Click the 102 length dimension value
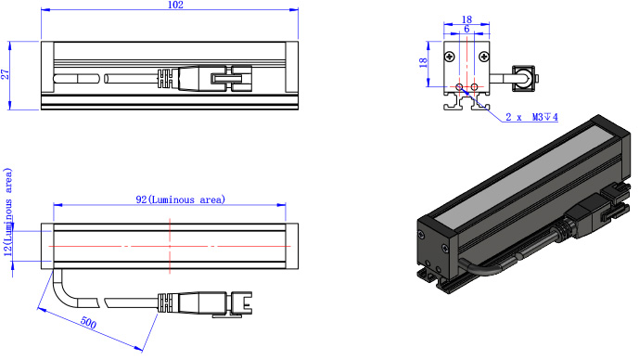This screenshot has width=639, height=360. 175,5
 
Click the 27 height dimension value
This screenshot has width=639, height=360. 5,74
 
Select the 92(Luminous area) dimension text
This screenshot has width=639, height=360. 180,199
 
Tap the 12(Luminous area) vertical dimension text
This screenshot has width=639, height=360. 8,212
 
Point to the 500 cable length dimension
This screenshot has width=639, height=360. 88,323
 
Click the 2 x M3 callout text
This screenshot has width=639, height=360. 531,117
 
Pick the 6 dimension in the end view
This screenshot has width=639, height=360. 466,29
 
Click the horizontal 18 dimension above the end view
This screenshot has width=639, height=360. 466,19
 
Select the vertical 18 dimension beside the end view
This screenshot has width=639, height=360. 423,62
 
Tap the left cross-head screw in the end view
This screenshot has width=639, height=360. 450,57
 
